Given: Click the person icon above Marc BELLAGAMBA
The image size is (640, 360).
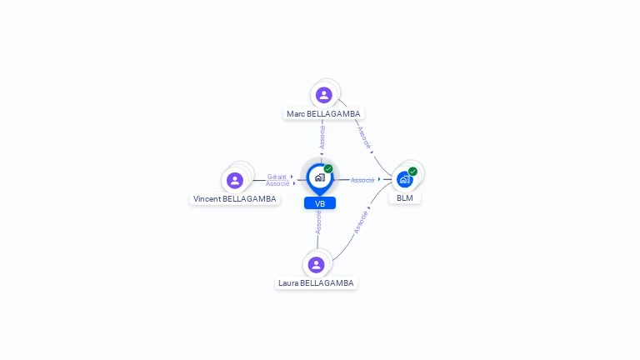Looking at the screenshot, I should (x=324, y=95).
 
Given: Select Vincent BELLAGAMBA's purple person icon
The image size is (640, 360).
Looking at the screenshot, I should (x=235, y=180).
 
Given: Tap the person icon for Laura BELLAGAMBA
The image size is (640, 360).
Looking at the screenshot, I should (x=316, y=265).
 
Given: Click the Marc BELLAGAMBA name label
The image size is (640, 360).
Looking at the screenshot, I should (x=324, y=113).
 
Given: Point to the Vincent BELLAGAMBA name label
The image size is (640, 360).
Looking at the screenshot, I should (x=234, y=199).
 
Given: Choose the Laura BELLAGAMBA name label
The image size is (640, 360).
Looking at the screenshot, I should (x=316, y=283).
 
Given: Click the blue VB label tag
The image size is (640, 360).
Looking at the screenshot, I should (x=320, y=203).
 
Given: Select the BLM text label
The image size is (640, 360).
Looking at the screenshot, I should (x=405, y=198).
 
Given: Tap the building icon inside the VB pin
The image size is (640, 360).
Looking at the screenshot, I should (x=319, y=177).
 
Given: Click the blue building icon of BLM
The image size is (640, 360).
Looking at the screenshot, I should (x=405, y=179).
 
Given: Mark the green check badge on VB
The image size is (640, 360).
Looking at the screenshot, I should (x=328, y=168).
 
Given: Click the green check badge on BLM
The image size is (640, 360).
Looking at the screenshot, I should (x=412, y=172).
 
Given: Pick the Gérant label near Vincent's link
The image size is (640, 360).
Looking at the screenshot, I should (x=277, y=177).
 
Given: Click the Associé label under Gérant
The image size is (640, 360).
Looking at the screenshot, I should (x=277, y=183).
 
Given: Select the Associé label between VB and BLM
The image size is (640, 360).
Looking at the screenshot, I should (x=362, y=180).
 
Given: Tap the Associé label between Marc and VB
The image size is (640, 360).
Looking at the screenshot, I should (x=322, y=137).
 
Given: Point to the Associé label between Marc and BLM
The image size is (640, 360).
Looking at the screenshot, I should (x=364, y=137).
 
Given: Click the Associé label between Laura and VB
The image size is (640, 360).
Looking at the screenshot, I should (x=318, y=222).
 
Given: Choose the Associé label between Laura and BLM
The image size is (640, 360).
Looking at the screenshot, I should (x=361, y=222).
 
